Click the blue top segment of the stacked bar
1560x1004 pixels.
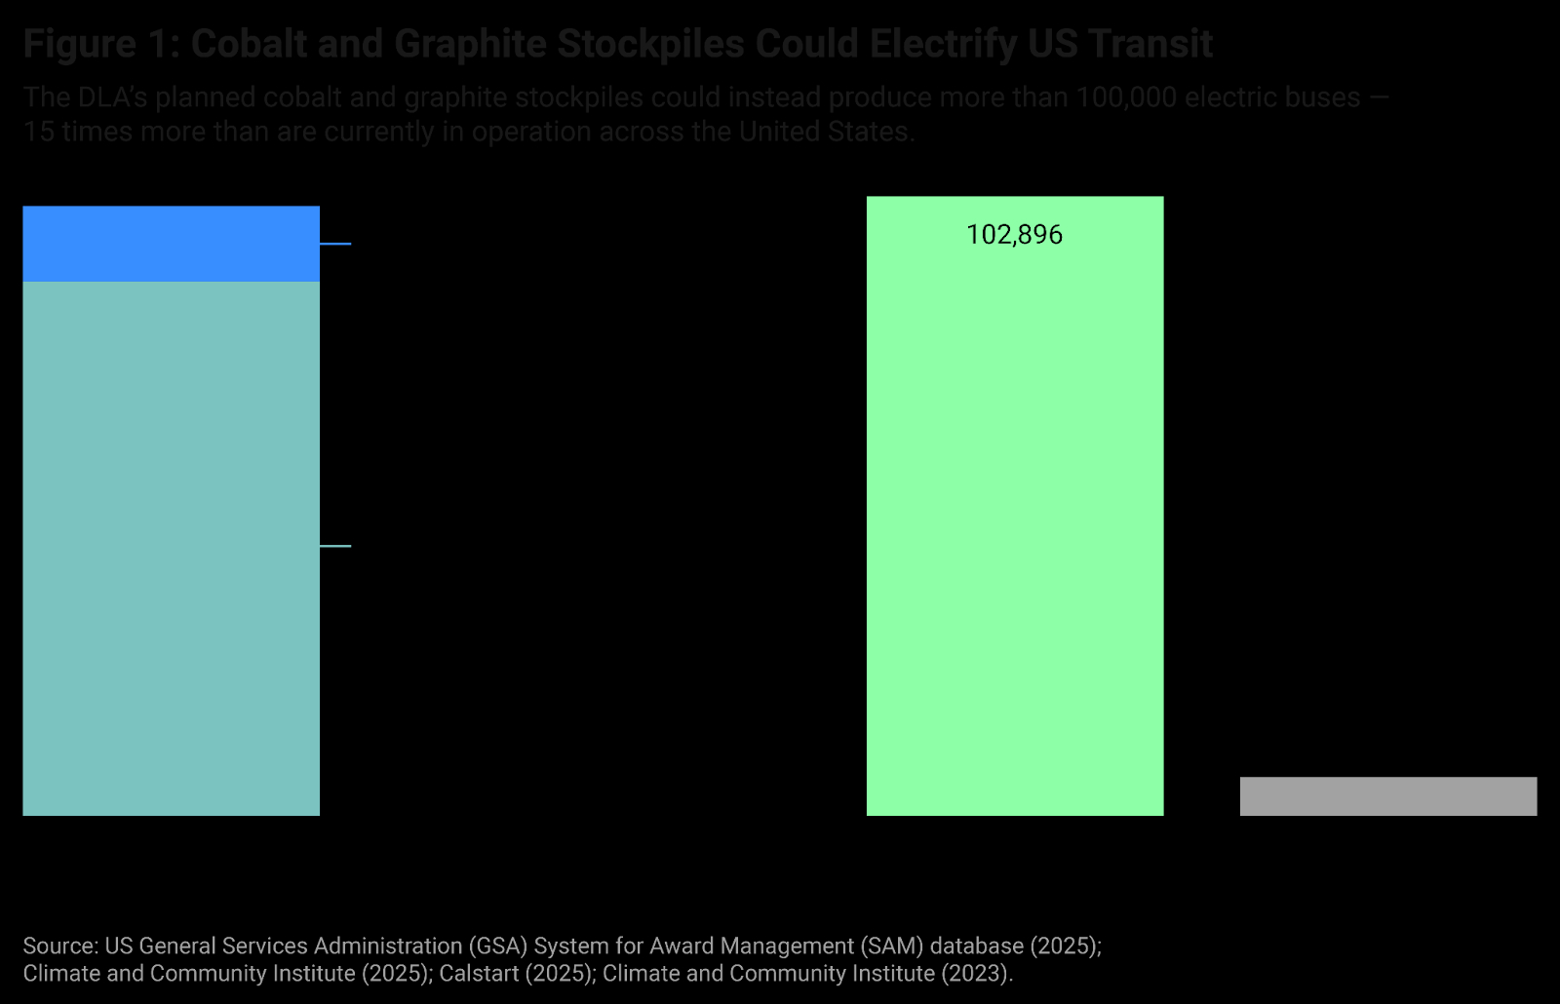click(x=171, y=244)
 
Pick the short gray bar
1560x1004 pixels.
click(x=1387, y=795)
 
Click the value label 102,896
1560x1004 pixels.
click(x=1014, y=235)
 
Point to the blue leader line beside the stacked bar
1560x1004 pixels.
click(x=335, y=244)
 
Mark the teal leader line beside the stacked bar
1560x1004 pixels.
click(x=335, y=546)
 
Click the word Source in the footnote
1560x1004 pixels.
click(x=58, y=946)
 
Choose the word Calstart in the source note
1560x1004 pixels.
click(x=479, y=974)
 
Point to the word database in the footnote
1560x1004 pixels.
click(x=976, y=946)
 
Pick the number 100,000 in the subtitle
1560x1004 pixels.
click(x=1126, y=97)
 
